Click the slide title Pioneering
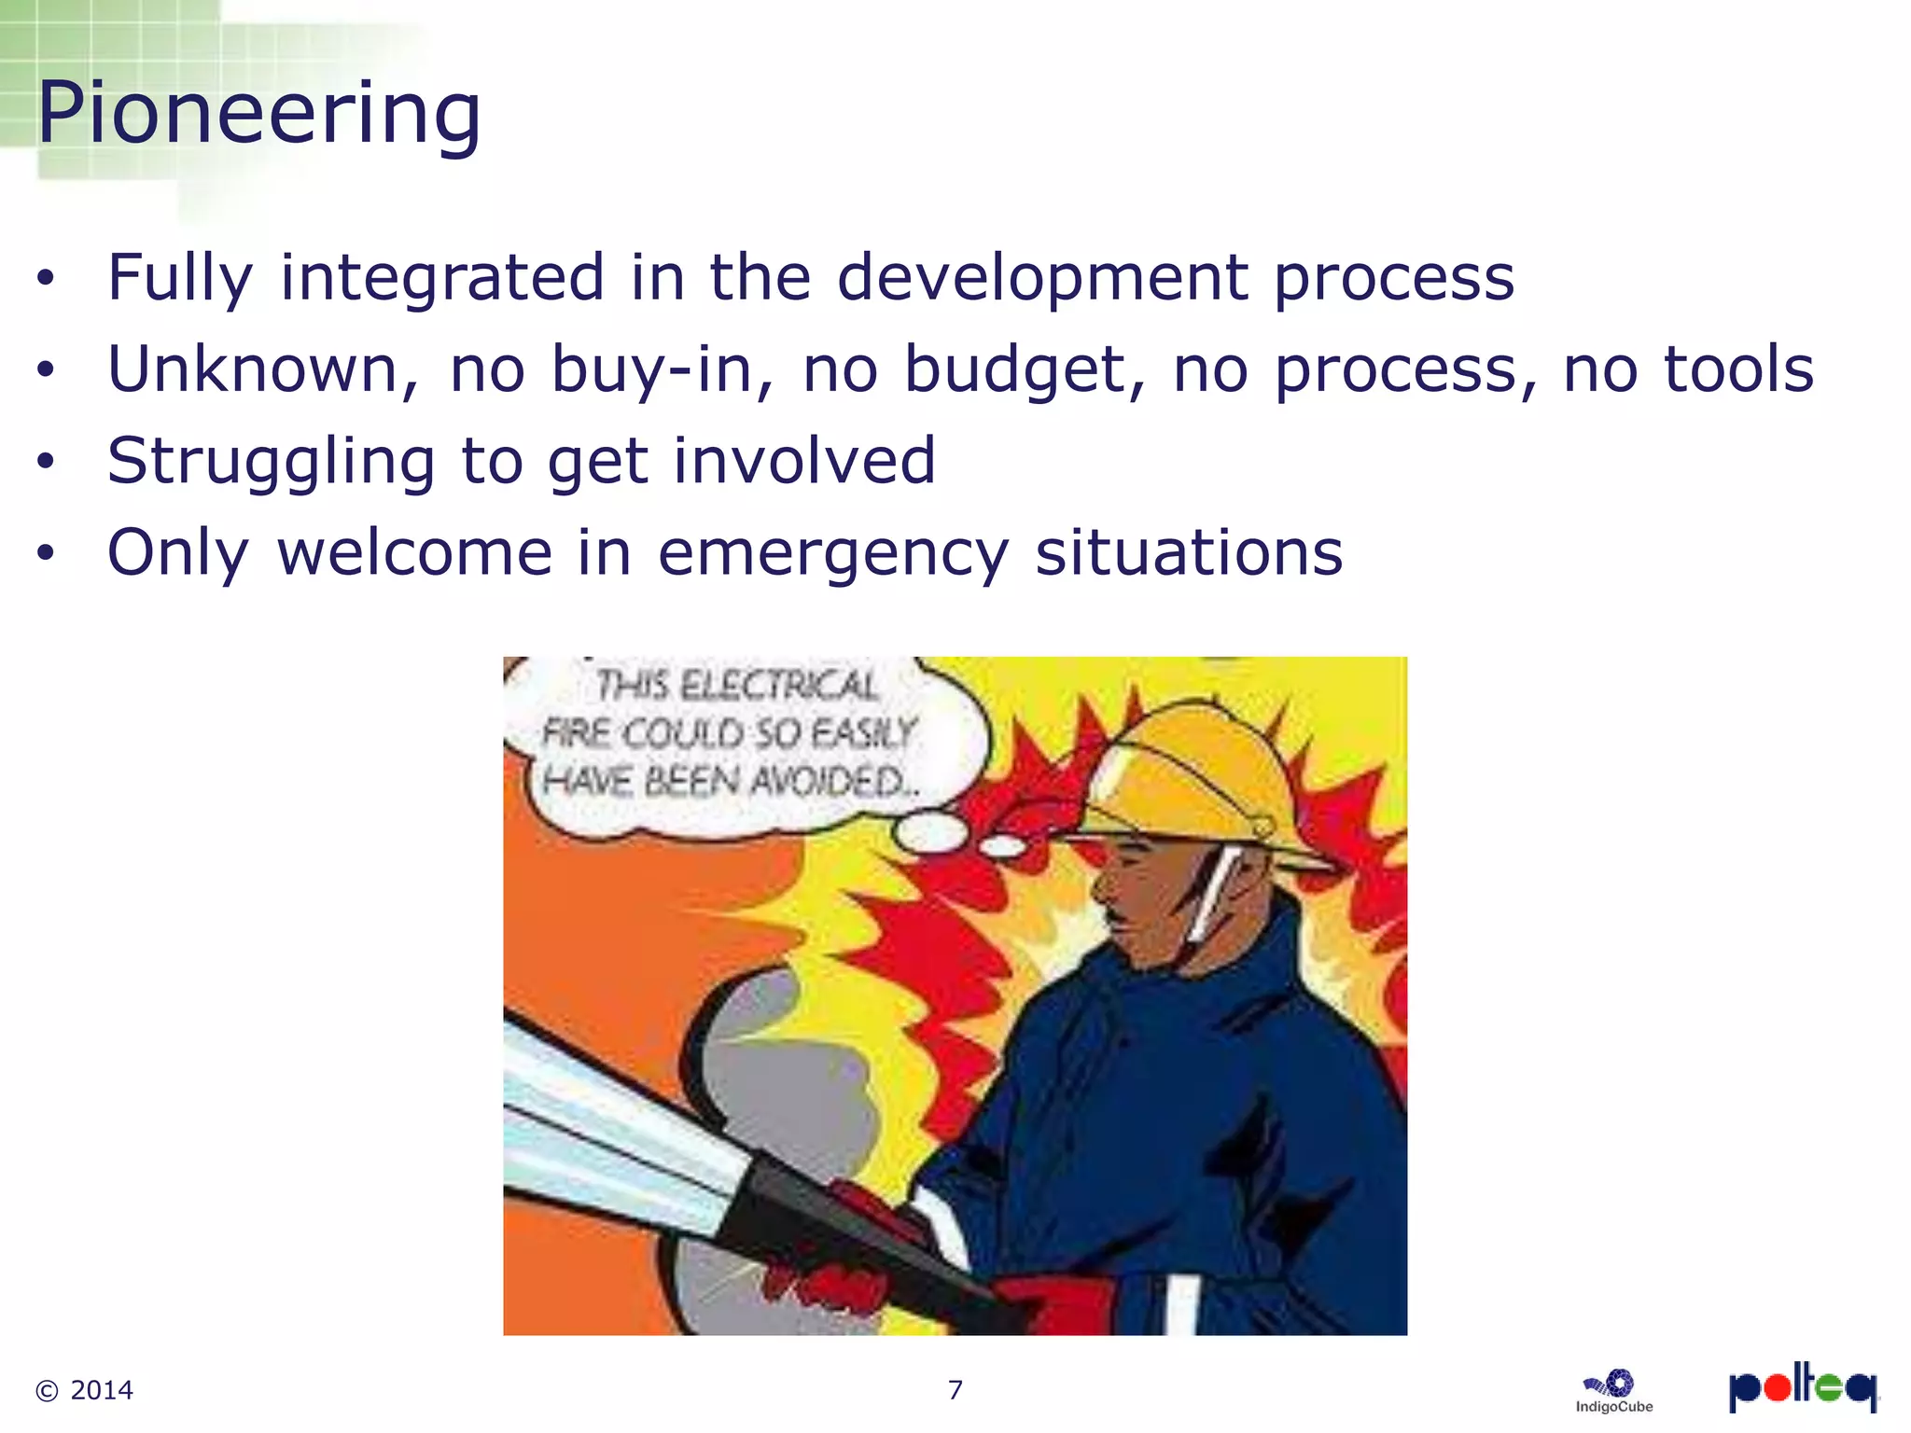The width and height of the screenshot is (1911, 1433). coord(258,114)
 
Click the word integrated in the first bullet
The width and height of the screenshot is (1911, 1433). coord(442,277)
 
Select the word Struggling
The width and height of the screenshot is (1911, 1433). coord(271,461)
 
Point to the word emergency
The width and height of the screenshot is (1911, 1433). coord(833,553)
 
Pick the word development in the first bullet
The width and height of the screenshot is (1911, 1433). coord(1042,277)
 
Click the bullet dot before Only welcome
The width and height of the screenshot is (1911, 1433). coord(46,553)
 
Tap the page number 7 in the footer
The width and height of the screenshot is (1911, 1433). coord(955,1390)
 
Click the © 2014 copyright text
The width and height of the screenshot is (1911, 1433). coord(84,1390)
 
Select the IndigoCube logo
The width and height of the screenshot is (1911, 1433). coord(1613,1391)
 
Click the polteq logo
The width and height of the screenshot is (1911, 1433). coord(1802,1387)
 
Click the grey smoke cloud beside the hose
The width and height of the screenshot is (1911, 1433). coord(784,1073)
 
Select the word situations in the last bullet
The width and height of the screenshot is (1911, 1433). coord(1189,553)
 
